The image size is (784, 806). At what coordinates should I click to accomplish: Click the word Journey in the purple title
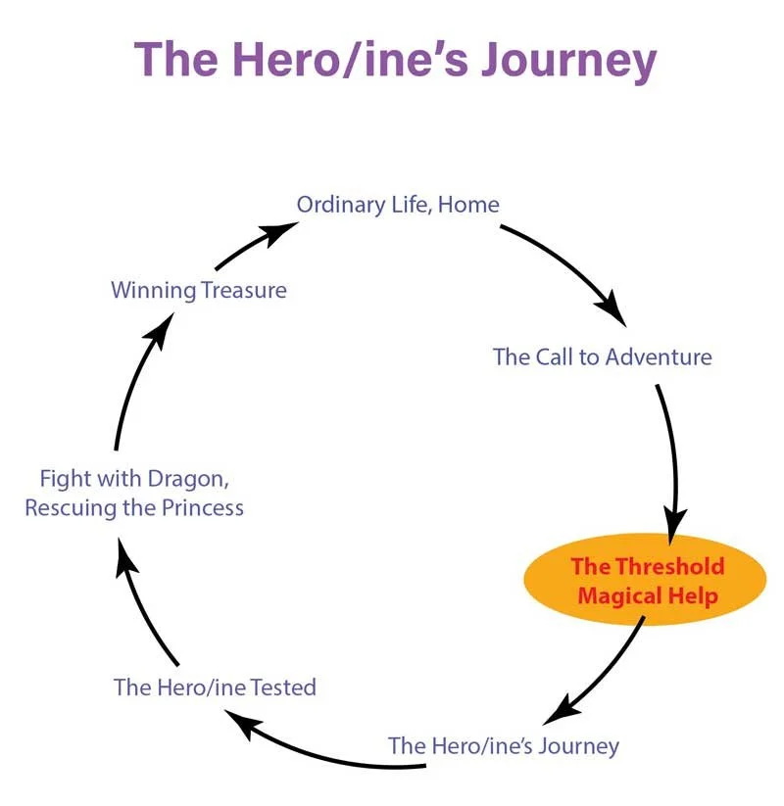[569, 61]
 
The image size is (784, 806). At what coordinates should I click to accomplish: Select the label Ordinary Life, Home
[398, 205]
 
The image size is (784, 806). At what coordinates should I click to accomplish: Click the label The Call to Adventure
[603, 356]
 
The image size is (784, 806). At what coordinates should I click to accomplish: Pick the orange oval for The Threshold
[645, 580]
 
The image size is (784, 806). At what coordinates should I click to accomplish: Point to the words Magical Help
[648, 596]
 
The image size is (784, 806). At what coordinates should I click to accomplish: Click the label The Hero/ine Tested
[215, 687]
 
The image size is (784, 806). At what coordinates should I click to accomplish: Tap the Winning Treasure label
[199, 291]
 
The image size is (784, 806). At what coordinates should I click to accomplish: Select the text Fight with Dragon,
[134, 479]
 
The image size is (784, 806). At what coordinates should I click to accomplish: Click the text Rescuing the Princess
[134, 508]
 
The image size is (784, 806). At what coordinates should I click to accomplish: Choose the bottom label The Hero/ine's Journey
[504, 746]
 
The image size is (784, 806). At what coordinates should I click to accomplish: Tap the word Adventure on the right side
[659, 356]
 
